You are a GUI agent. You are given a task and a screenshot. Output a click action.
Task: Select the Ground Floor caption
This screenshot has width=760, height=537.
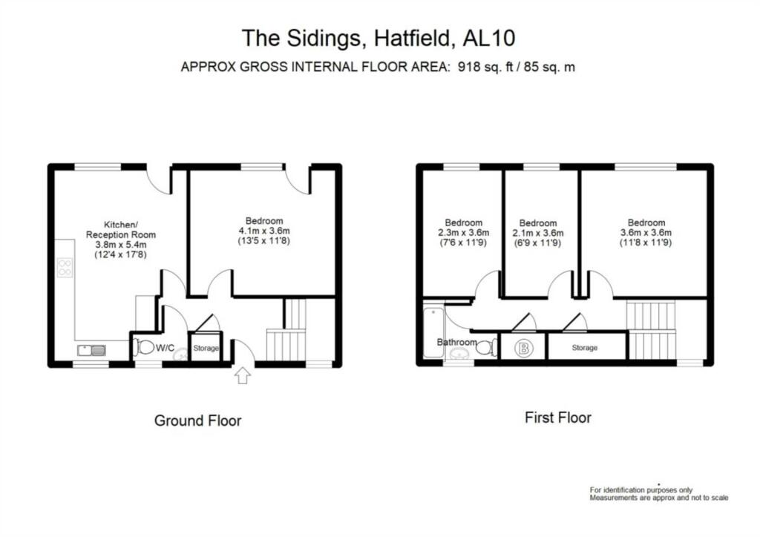click(197, 421)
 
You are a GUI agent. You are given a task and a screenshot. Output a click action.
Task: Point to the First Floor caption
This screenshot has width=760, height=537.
click(557, 418)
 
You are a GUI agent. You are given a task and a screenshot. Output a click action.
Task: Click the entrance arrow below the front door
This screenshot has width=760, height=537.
click(243, 376)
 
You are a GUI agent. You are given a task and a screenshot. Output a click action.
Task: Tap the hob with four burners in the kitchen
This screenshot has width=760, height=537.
click(65, 266)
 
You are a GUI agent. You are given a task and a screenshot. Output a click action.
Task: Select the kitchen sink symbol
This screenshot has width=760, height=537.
click(91, 350)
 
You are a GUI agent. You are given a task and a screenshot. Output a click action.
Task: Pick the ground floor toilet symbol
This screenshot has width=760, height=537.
click(145, 347)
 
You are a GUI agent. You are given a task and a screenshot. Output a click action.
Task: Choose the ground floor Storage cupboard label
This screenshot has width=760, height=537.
click(206, 347)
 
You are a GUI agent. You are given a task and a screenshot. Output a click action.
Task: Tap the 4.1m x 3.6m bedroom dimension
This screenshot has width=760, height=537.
click(264, 231)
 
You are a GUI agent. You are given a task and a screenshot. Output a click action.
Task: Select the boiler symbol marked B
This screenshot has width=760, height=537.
click(523, 347)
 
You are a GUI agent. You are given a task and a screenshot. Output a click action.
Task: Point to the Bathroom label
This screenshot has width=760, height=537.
click(456, 342)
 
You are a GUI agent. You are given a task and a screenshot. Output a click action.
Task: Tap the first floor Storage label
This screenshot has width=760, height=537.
click(584, 347)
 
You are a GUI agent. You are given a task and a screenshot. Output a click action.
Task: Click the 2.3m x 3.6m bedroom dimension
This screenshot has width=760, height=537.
click(463, 233)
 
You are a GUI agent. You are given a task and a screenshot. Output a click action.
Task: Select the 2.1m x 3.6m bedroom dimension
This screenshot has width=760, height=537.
click(537, 233)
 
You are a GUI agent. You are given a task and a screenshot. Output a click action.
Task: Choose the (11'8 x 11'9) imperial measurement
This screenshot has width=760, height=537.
click(646, 243)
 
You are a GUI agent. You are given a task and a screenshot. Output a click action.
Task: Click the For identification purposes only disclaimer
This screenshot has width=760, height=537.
click(641, 490)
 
